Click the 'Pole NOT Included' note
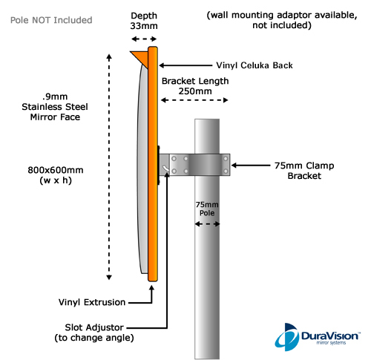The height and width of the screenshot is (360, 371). click(x=51, y=20)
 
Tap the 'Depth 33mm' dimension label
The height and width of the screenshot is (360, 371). click(x=144, y=21)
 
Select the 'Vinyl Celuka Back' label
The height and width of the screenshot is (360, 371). click(x=255, y=65)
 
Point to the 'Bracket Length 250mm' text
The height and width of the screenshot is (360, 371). click(x=195, y=86)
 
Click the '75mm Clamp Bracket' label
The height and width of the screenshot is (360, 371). click(x=304, y=171)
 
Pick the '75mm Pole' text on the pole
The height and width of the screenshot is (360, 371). click(x=207, y=209)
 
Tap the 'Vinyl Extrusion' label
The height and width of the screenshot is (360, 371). click(x=92, y=302)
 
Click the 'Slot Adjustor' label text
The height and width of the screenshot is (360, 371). click(x=94, y=327)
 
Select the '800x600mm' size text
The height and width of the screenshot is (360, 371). click(x=56, y=170)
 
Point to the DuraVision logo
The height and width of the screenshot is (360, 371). click(x=318, y=337)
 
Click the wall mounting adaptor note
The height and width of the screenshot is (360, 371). click(x=282, y=20)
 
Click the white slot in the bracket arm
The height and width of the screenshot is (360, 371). click(x=165, y=168)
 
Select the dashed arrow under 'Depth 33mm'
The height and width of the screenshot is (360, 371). click(x=144, y=39)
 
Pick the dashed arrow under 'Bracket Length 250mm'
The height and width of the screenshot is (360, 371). click(x=194, y=100)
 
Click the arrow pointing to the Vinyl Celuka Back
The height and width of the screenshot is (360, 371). click(x=185, y=65)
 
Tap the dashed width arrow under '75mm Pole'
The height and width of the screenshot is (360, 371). click(x=207, y=224)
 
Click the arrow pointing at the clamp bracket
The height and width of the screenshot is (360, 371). click(x=251, y=166)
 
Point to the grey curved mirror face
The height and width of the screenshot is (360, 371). click(x=142, y=168)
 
